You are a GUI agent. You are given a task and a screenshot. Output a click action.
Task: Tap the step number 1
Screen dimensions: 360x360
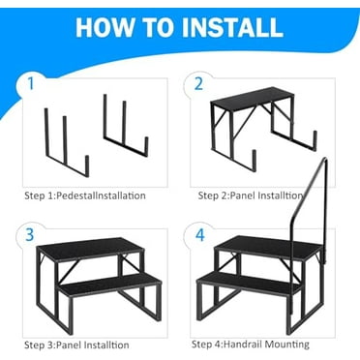32,83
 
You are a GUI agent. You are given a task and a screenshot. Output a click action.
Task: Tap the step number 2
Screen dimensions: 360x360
198,83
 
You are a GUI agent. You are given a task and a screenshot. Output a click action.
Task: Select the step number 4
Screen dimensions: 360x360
200,234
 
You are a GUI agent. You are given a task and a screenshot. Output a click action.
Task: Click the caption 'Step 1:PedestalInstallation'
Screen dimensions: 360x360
85,195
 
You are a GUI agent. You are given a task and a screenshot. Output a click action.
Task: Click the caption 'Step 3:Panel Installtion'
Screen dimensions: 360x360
76,345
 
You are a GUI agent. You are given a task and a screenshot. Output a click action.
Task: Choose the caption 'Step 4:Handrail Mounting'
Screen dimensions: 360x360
251,344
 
